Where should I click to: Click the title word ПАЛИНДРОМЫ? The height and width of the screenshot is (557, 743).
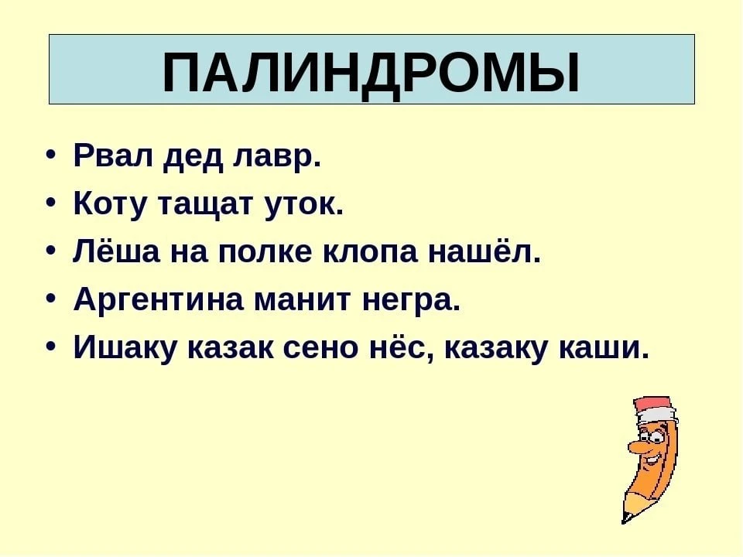[371, 73]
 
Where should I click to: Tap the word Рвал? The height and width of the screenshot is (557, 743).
[114, 155]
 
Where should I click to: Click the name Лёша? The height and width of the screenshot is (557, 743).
[117, 251]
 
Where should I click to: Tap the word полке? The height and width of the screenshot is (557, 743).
[265, 252]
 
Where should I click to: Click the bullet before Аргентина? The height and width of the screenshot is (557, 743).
[52, 299]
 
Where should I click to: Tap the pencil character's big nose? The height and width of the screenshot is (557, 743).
[636, 446]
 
